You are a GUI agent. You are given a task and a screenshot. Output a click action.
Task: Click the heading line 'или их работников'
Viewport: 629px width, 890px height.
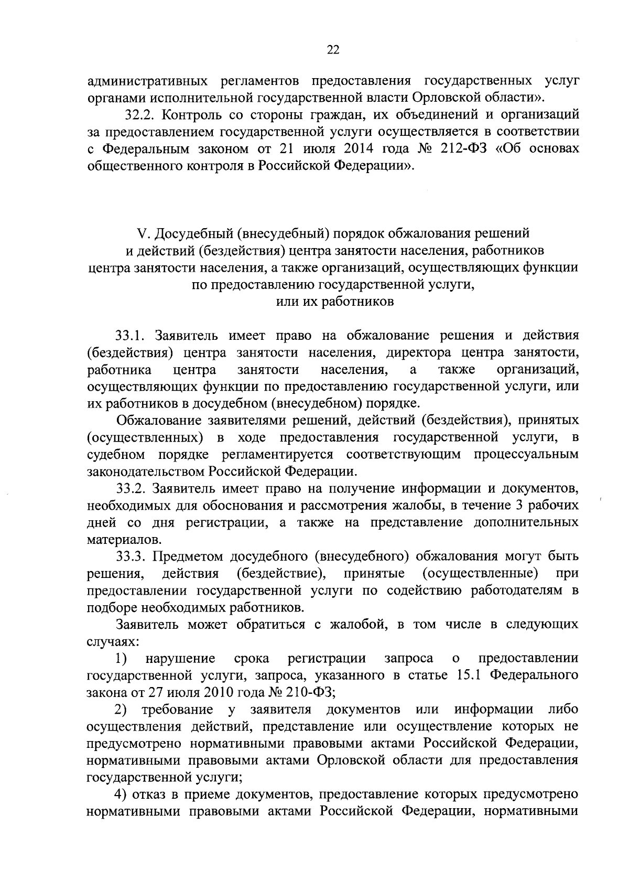tap(334, 302)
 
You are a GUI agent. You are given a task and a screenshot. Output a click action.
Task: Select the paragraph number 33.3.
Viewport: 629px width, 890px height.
tap(132, 556)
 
